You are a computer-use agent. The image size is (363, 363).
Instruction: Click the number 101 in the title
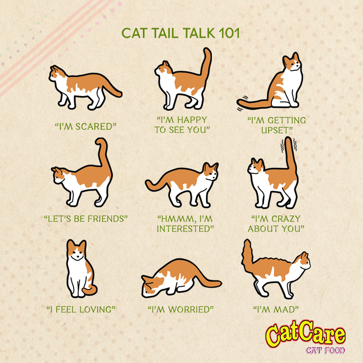point(229,33)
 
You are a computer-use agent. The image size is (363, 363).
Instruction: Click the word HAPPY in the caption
point(191,120)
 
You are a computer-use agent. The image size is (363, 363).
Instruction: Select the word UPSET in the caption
point(275,130)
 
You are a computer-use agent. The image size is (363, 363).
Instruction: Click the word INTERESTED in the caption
point(183,229)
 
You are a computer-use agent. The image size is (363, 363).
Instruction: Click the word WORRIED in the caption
point(189,309)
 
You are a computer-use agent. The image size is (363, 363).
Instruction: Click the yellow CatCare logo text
point(305,334)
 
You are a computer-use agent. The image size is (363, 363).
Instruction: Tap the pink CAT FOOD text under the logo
point(325,350)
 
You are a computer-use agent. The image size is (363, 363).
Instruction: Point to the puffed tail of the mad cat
point(248,255)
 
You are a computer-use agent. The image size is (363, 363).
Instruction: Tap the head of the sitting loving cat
point(76,250)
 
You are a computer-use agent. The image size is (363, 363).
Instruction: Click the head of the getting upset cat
point(292,62)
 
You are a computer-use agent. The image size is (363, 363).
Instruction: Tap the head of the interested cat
point(210,172)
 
